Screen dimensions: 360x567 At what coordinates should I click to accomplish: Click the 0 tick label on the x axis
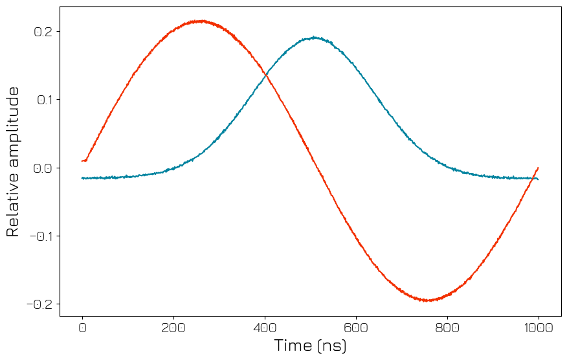pyautogui.click(x=82, y=328)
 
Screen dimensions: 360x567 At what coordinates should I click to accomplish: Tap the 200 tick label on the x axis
pyautogui.click(x=173, y=328)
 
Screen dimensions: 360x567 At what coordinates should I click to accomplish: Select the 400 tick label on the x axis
pyautogui.click(x=265, y=328)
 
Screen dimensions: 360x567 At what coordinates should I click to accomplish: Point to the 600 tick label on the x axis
pyautogui.click(x=356, y=328)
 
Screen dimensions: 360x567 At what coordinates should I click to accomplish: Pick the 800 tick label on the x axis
pyautogui.click(x=447, y=328)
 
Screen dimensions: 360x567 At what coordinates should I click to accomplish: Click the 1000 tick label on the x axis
pyautogui.click(x=538, y=328)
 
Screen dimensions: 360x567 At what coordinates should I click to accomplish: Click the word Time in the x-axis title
pyautogui.click(x=293, y=345)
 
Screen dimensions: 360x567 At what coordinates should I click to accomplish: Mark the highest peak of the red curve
pyautogui.click(x=202, y=21)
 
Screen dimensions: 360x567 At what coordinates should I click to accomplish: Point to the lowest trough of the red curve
pyautogui.click(x=428, y=300)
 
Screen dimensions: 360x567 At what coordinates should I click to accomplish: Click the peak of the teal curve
pyautogui.click(x=315, y=37)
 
